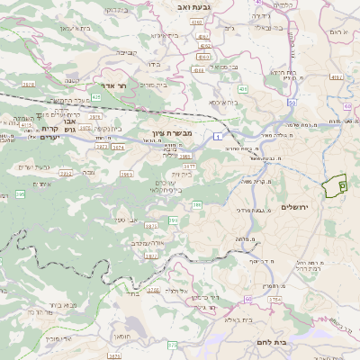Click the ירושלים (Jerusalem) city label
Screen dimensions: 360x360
pos(294,207)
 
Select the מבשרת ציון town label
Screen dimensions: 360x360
pos(162,133)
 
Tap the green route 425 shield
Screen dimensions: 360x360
pos(95,95)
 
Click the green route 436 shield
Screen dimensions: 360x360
pos(243,89)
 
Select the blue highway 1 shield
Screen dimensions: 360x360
pos(218,134)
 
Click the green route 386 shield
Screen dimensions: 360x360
pos(196,206)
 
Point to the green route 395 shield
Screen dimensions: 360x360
pos(20,193)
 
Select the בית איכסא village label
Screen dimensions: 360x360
pos(224,103)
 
